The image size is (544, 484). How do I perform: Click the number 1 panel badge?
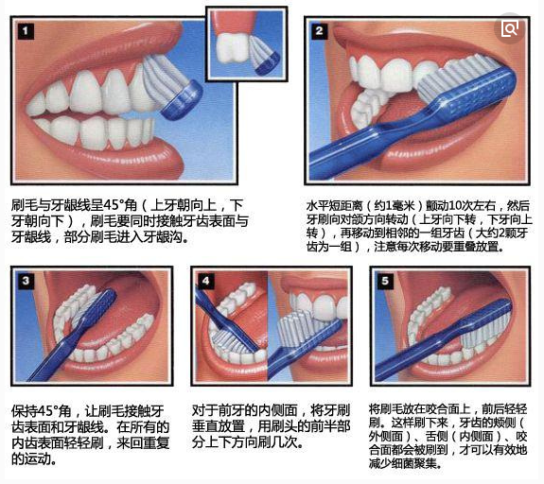point(26,31)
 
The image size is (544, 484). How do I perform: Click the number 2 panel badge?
point(319,31)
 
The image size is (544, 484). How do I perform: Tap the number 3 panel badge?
point(26,281)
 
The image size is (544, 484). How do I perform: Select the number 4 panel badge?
point(205,281)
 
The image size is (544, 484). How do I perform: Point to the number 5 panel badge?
point(385,281)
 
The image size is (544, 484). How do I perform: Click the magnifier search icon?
point(509,28)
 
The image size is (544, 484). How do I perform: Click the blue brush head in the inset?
point(268,63)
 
